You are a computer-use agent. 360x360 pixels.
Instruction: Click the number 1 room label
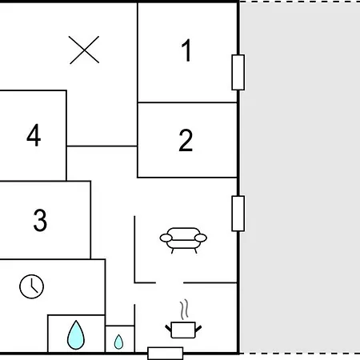click(186, 50)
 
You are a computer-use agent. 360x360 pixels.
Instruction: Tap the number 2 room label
click(186, 140)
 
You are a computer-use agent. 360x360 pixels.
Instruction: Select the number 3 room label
click(40, 220)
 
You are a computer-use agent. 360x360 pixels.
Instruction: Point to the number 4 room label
click(34, 135)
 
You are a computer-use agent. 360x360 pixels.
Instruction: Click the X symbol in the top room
click(84, 50)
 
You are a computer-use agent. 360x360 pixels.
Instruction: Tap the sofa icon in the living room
click(183, 240)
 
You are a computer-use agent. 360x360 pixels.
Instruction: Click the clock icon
click(32, 286)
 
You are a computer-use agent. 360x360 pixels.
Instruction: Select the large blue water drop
click(76, 335)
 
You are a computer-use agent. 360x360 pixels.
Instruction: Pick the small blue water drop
click(118, 342)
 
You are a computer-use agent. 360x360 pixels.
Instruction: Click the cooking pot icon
click(183, 330)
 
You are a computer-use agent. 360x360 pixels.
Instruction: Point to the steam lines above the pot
click(184, 310)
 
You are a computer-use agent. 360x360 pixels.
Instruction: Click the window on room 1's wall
click(238, 72)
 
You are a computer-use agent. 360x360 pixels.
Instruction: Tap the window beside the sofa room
click(238, 214)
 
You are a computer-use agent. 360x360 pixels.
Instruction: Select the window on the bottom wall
click(166, 354)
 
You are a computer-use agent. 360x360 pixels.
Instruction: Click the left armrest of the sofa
click(166, 238)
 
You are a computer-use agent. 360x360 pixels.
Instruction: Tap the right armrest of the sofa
click(201, 238)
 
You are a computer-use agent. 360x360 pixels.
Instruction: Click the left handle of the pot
click(169, 329)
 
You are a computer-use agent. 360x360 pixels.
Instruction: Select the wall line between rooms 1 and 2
click(187, 102)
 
